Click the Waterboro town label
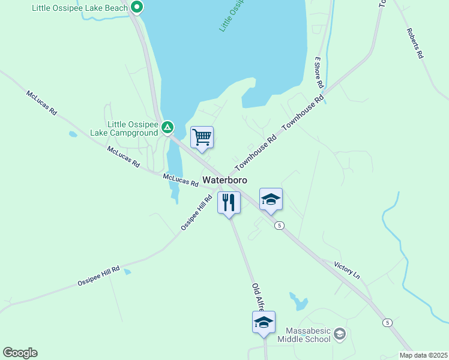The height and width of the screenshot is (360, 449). click(x=225, y=179)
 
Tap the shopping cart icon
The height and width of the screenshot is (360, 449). click(x=202, y=137)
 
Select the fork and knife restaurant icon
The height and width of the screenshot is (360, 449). click(x=229, y=203)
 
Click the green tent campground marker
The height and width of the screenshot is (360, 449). click(x=167, y=127)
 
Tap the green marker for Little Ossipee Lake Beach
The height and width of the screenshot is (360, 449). click(x=137, y=8)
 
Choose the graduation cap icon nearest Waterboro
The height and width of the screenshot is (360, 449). click(x=271, y=199)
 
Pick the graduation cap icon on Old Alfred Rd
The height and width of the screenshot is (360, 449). click(x=264, y=322)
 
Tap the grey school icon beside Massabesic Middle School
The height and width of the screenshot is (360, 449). click(x=340, y=333)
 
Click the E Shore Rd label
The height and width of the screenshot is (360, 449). click(x=319, y=73)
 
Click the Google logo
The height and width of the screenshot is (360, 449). click(x=20, y=353)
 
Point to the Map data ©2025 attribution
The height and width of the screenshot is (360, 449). click(x=423, y=355)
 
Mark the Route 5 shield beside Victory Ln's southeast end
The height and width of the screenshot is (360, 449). click(x=388, y=323)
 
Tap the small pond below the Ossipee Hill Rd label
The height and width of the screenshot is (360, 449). click(x=127, y=272)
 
